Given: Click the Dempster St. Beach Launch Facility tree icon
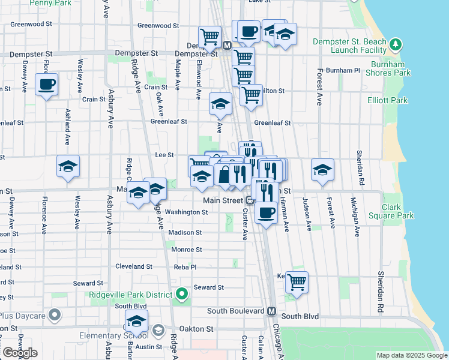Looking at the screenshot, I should coord(396,44).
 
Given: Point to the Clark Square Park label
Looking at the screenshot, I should coord(398,211).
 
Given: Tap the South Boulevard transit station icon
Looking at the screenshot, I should coord(271,311).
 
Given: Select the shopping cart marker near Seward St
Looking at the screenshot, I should coord(297,281).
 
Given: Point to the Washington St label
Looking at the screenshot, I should coord(186,212).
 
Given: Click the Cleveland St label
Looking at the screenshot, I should coord(133,266).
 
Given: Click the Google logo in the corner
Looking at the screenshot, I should coord(19,353).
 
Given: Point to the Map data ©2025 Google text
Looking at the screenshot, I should coord(411,355).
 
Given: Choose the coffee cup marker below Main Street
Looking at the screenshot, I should coord(267,211).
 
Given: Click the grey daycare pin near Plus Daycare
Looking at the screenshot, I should coord(55,314).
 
